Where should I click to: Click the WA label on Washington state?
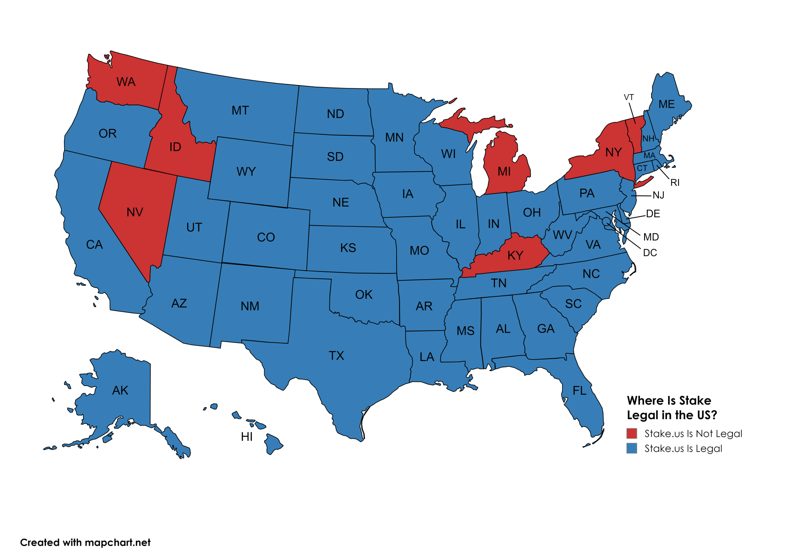tap(126, 82)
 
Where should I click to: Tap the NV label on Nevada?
tap(135, 212)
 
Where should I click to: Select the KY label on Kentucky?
tap(515, 255)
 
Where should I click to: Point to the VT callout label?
tap(629, 97)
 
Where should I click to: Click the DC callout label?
tap(650, 253)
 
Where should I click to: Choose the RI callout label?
tap(675, 183)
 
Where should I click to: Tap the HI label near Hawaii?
tap(246, 437)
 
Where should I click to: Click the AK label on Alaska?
tap(120, 390)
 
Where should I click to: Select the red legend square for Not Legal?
tap(631, 433)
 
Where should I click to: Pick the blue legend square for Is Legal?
tap(631, 448)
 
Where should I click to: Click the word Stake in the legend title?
tap(695, 401)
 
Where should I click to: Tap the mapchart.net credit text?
tap(117, 543)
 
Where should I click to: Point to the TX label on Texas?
tap(336, 356)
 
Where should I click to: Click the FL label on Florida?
tap(579, 391)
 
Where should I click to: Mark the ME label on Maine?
tap(667, 105)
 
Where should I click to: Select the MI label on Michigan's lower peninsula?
tap(504, 172)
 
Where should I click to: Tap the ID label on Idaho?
tap(175, 147)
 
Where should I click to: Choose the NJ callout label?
tap(658, 196)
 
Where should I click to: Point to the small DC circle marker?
tap(606, 221)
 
